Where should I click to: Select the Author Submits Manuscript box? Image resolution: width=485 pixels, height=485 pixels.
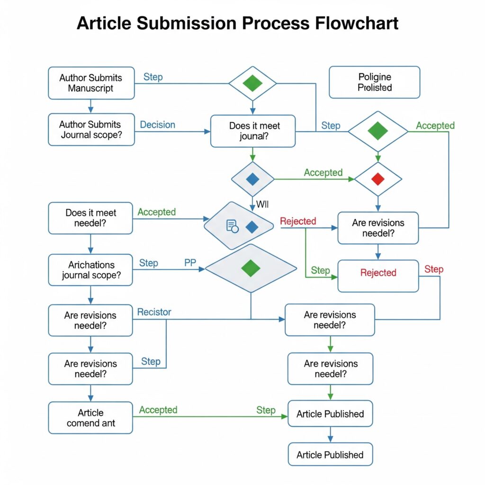point(91,83)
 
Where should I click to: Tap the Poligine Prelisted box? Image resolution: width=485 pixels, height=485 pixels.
point(374,82)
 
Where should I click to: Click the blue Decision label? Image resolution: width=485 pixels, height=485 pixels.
point(158,125)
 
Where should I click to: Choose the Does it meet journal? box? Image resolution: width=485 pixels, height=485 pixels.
point(253,131)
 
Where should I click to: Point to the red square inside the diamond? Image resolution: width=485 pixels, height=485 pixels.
point(377,179)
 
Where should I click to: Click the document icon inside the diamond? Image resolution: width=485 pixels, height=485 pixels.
point(232,226)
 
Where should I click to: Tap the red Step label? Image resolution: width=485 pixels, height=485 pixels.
point(433,269)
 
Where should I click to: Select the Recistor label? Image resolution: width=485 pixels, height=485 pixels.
point(154,312)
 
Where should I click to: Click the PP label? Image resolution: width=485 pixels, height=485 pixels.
point(190,263)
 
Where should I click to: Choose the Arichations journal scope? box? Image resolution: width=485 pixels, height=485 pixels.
point(91,270)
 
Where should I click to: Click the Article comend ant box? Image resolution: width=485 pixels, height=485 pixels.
point(91,417)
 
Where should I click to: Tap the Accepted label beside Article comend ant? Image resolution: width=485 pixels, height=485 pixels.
point(158,410)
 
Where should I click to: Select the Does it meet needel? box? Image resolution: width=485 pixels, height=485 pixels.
point(91,218)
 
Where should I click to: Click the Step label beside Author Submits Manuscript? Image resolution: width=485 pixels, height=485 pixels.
point(153,77)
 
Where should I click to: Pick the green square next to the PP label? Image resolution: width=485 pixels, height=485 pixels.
point(251,268)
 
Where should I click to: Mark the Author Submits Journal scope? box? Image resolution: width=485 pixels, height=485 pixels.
point(91,129)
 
